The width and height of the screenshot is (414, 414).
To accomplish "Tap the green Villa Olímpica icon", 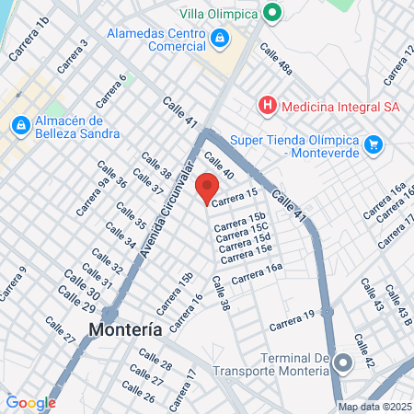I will (271, 13).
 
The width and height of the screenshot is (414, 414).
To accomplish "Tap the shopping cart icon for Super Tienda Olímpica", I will (373, 144).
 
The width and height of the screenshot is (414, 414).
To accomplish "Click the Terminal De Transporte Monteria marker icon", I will (342, 362).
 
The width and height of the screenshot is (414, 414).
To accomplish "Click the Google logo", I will (30, 402).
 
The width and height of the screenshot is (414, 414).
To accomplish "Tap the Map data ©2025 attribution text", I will (374, 407).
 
